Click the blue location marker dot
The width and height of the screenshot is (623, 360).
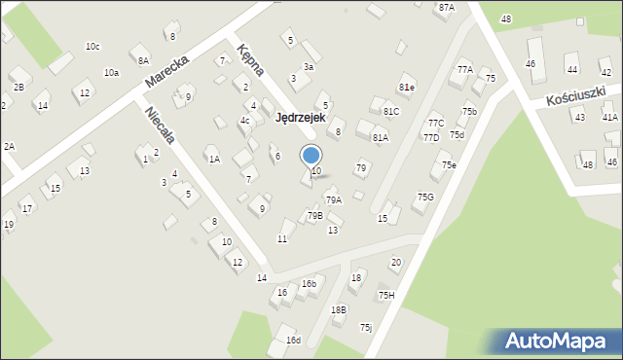tap(311, 155)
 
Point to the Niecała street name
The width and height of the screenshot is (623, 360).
tap(160, 124)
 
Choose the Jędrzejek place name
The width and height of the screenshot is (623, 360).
tap(300, 117)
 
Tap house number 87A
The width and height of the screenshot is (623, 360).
tap(446, 7)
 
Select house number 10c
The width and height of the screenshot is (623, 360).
tap(92, 46)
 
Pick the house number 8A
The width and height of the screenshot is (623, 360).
tap(143, 59)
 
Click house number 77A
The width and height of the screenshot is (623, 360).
tap(464, 69)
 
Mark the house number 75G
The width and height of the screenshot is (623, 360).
tap(425, 197)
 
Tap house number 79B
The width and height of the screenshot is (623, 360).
tap(314, 215)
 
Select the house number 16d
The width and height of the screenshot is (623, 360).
tap(293, 340)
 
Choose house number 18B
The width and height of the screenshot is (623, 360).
tap(338, 309)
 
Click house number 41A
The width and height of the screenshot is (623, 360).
tap(609, 117)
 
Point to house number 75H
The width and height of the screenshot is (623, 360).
tap(386, 295)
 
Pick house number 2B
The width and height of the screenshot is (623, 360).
tap(18, 88)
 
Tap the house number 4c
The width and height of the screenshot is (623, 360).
tap(245, 121)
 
